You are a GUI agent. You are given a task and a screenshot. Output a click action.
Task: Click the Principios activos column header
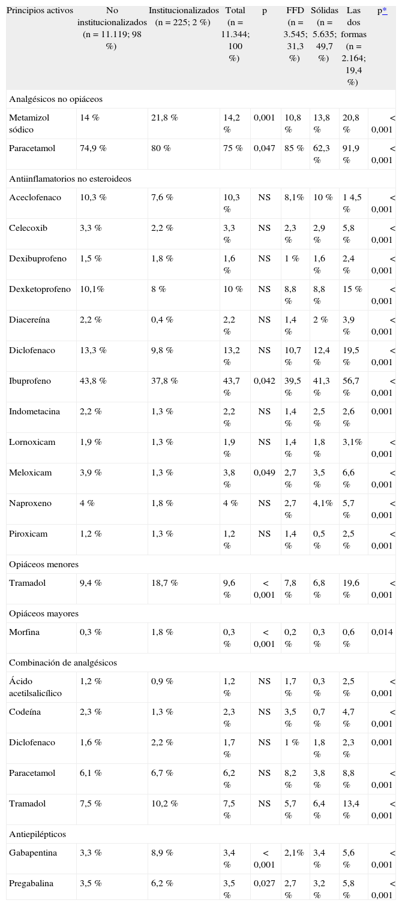40,10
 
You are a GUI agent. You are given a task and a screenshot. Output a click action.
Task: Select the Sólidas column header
325,10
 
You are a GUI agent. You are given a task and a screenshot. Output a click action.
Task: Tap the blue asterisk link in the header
385,10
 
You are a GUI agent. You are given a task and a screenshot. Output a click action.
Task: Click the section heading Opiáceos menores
44,564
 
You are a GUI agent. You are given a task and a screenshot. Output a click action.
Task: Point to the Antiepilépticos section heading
38,834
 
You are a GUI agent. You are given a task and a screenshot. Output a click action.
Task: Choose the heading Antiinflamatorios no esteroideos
70,179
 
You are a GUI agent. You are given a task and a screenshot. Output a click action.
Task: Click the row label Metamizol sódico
29,124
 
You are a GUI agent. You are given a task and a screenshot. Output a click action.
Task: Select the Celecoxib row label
28,228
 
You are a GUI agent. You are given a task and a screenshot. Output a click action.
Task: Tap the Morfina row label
25,632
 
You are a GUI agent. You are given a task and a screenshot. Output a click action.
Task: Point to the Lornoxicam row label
32,442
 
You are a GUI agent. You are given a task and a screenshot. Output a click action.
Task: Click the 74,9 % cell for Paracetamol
93,148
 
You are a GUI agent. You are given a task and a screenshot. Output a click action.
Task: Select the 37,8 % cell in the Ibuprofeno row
164,381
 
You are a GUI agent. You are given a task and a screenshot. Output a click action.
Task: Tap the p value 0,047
264,148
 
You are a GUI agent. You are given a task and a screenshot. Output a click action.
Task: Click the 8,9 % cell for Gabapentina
162,853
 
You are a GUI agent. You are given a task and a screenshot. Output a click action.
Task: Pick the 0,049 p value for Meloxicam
264,472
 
